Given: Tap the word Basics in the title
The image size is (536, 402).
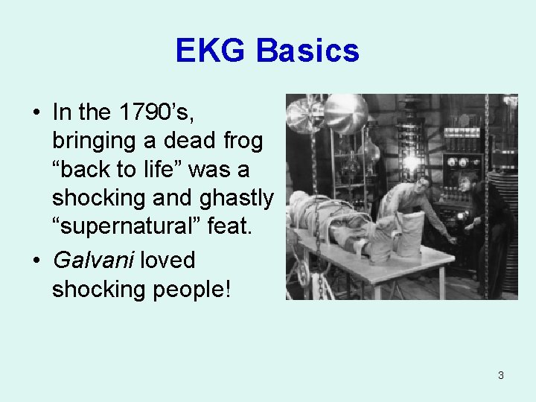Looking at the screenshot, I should [308, 51].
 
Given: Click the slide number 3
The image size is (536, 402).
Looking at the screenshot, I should [500, 375].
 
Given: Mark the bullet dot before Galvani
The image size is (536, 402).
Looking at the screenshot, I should [36, 260].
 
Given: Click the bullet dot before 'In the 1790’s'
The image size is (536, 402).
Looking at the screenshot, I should [36, 112].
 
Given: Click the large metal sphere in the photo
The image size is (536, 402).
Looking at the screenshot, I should [345, 112].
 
